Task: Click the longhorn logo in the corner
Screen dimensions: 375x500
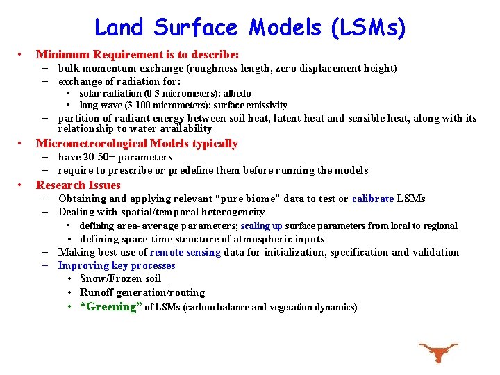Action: point(438,352)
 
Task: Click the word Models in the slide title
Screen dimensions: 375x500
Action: point(285,28)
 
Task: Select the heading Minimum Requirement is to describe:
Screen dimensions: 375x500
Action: point(137,53)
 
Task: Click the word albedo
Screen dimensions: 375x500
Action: point(237,93)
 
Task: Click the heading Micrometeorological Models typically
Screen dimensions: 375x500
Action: point(137,144)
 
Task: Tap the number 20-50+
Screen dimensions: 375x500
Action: point(99,157)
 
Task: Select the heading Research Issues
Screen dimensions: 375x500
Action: point(78,185)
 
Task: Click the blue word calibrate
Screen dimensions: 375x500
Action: point(372,199)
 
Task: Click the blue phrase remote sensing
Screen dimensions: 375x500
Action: point(185,252)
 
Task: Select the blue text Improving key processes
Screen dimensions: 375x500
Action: point(117,265)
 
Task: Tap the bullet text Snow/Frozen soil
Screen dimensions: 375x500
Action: point(120,278)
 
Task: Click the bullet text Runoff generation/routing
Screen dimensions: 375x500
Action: point(142,292)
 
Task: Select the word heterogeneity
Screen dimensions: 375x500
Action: point(231,212)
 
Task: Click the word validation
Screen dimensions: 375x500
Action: point(434,252)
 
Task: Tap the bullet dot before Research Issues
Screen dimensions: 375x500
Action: point(22,185)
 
